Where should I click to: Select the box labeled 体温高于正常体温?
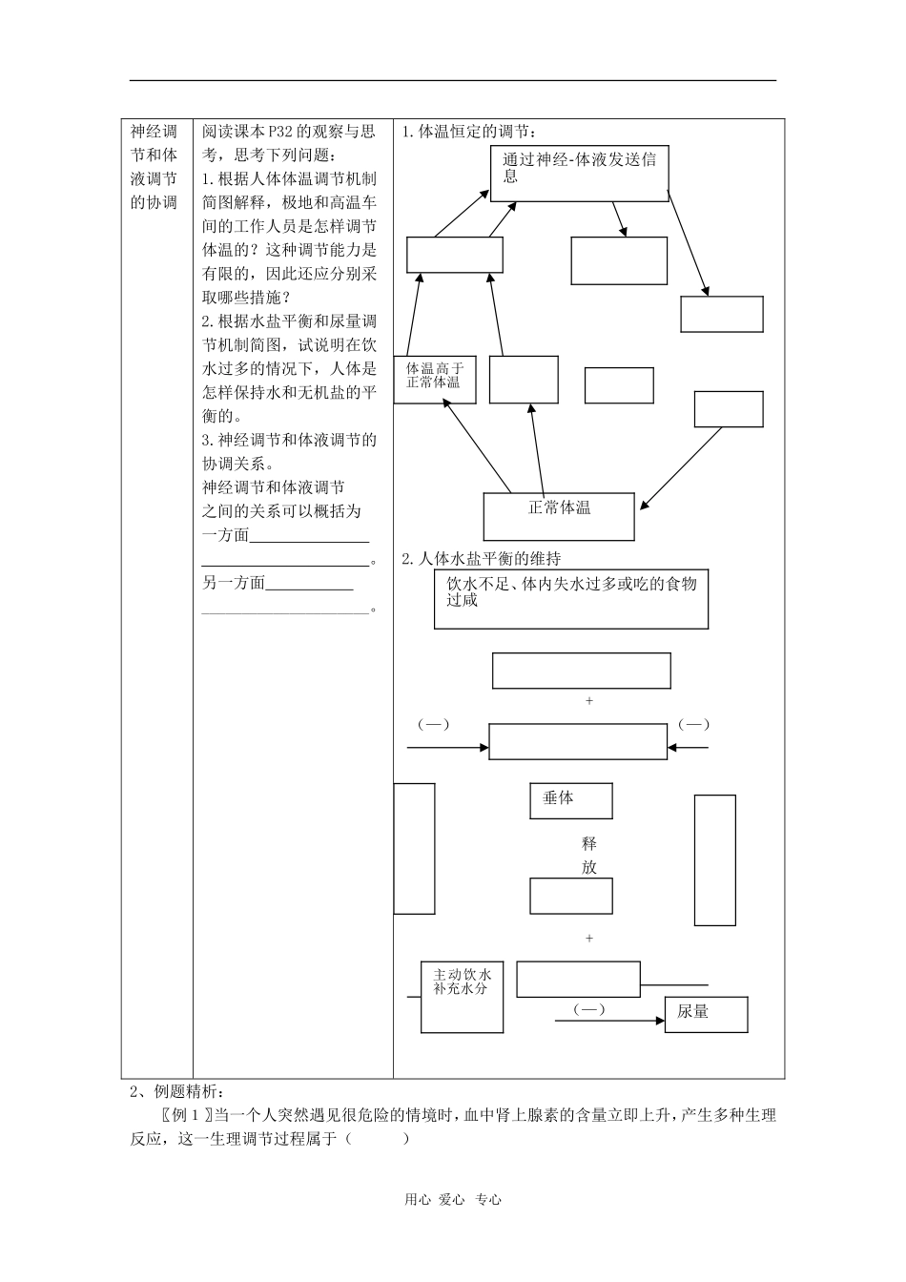tap(434, 379)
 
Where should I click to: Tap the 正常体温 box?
tap(559, 516)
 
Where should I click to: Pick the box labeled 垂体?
tap(570, 800)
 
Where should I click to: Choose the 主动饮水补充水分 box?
tap(462, 997)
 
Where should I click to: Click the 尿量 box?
tap(706, 1013)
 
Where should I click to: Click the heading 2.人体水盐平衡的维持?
tap(481, 559)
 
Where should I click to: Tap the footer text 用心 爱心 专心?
tap(453, 1200)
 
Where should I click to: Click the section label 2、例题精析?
tap(175, 1091)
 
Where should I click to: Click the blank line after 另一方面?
tap(309, 585)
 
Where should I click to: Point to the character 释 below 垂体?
tap(589, 844)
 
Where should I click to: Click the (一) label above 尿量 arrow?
tap(588, 1009)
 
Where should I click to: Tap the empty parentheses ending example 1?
tap(379, 1138)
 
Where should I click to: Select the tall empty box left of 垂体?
tap(414, 848)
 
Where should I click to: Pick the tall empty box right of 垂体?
tap(714, 859)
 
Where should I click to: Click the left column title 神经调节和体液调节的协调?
tap(154, 167)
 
